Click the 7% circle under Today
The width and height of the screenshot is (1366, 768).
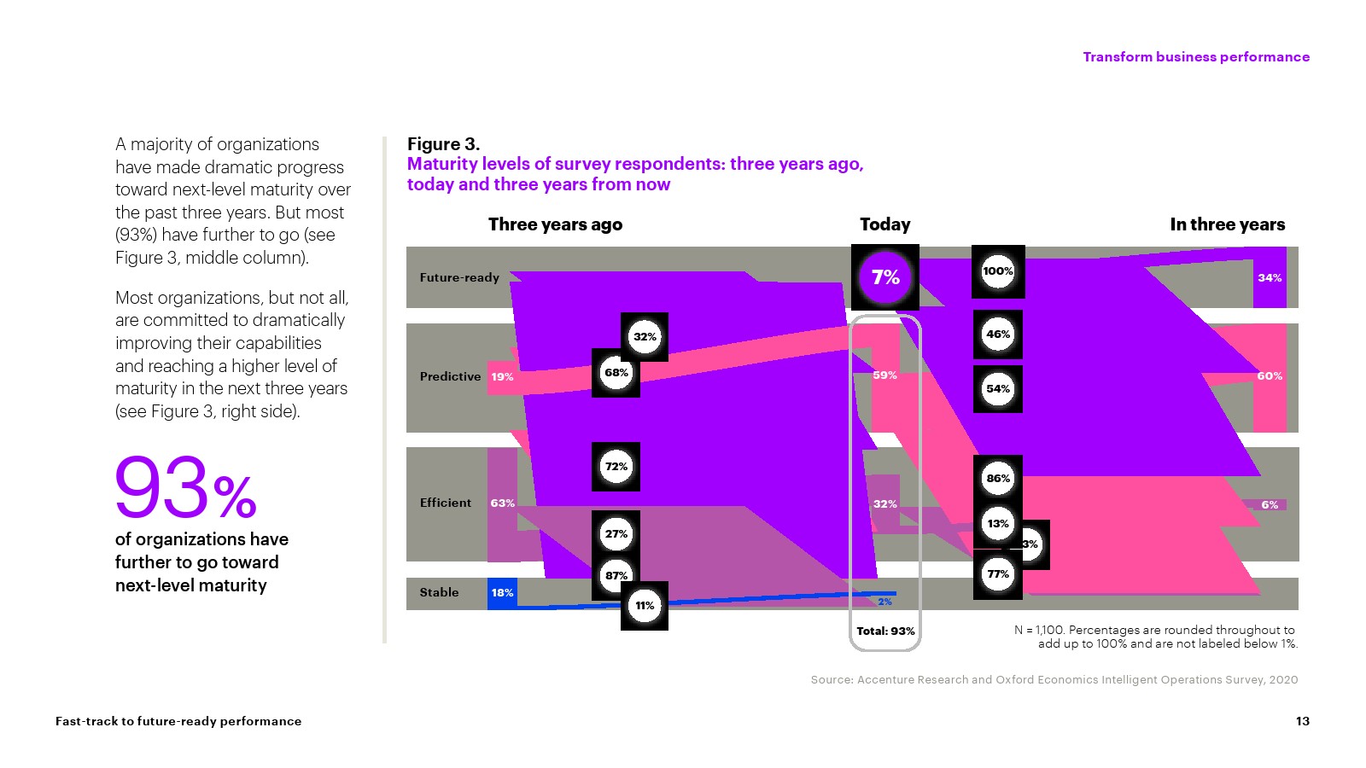(885, 277)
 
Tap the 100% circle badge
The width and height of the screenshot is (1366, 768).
(998, 272)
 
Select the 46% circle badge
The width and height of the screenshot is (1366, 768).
(998, 335)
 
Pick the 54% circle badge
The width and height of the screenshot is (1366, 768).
(998, 389)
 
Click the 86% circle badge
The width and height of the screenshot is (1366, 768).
(998, 479)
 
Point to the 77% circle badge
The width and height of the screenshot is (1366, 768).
(998, 574)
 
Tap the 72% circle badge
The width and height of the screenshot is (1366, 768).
(616, 467)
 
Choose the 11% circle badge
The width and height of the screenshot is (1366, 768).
(645, 606)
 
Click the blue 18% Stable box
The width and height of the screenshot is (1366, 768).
(502, 593)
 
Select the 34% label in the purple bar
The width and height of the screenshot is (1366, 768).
(1270, 278)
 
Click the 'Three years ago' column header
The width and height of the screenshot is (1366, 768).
(555, 224)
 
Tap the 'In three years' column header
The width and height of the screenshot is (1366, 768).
(1227, 224)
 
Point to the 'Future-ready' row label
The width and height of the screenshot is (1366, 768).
(459, 277)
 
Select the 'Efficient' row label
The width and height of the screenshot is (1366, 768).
(445, 503)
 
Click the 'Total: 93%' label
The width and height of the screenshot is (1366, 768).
(885, 631)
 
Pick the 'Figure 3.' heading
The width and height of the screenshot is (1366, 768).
(443, 144)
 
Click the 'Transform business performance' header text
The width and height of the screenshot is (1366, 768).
(1196, 57)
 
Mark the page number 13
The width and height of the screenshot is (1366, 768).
(1302, 721)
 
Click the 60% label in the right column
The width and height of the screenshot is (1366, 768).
(1270, 376)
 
